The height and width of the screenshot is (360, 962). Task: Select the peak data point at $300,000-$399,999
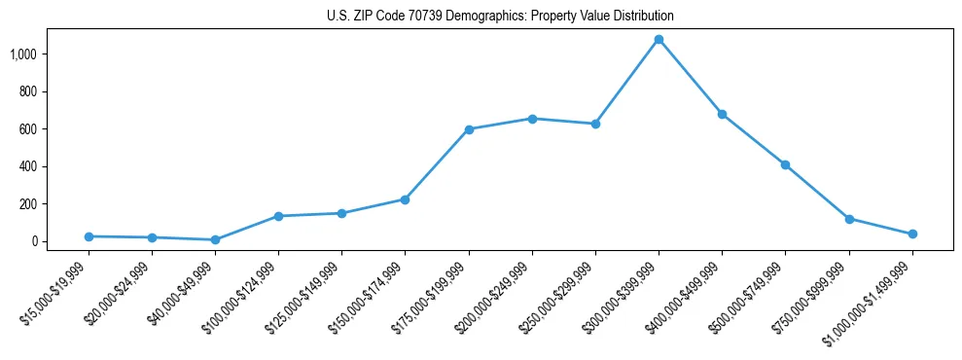tap(659, 39)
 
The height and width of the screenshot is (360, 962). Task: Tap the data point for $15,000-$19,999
tap(89, 236)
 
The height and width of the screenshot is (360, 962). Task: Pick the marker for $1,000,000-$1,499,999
tap(912, 234)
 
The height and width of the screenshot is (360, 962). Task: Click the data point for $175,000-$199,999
tap(469, 129)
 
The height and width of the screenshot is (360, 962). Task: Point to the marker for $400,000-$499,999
tap(722, 114)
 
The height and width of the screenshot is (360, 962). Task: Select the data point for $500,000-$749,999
tap(785, 164)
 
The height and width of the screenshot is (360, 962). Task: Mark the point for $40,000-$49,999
tap(215, 239)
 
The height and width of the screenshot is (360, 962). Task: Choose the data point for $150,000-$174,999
tap(405, 199)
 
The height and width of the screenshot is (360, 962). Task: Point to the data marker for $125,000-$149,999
tap(341, 213)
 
